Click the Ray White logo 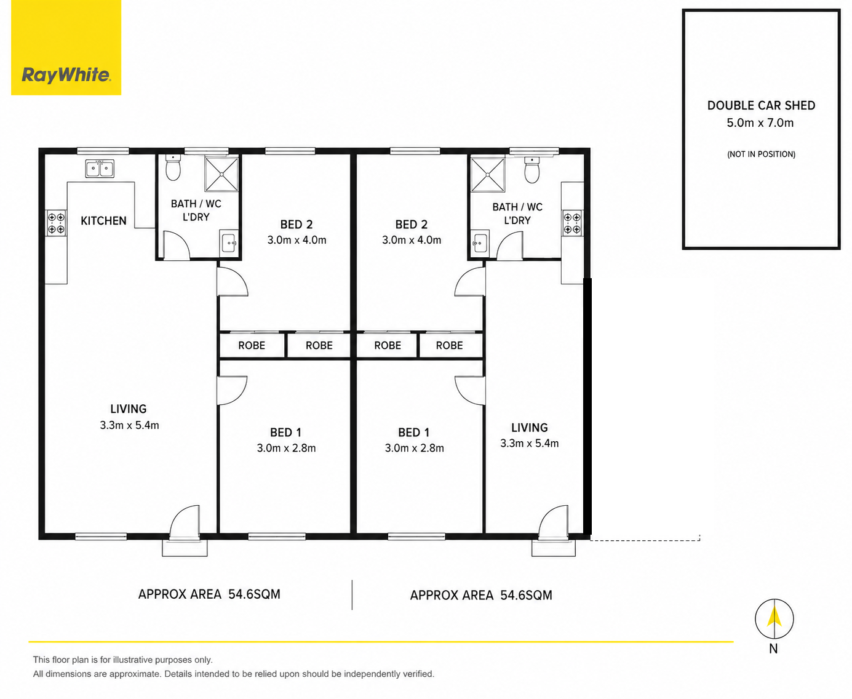[x=66, y=47]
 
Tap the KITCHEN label [x=103, y=221]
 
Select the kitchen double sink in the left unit [x=100, y=168]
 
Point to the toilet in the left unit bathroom [x=173, y=168]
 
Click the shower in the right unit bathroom [x=488, y=175]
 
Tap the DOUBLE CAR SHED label [x=761, y=105]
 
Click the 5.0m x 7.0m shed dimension [x=760, y=123]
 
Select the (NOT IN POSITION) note [x=761, y=154]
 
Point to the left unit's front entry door [x=185, y=522]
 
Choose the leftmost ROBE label [x=252, y=345]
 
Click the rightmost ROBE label [x=449, y=345]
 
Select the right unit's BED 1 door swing [x=470, y=390]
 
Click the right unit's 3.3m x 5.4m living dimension [x=529, y=443]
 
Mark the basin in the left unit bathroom [x=229, y=242]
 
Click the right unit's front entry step [x=554, y=548]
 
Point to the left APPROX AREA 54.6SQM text [x=209, y=594]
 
